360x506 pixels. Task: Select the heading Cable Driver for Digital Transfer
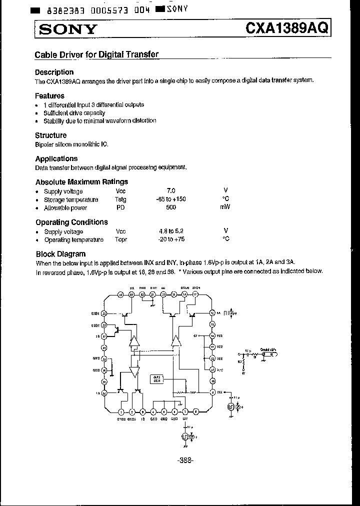click(x=96, y=55)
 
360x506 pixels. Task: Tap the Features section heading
click(x=49, y=95)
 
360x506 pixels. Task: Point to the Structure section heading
click(x=50, y=135)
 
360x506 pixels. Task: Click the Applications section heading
click(x=56, y=158)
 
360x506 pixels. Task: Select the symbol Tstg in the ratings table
click(x=121, y=199)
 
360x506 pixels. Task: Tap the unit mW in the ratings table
click(x=225, y=207)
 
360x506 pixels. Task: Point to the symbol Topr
click(x=121, y=239)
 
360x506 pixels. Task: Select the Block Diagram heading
click(x=60, y=254)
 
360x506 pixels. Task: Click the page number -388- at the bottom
click(x=185, y=460)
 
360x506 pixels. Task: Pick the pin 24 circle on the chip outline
click(x=121, y=295)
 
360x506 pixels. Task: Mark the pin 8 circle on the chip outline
click(x=195, y=412)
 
